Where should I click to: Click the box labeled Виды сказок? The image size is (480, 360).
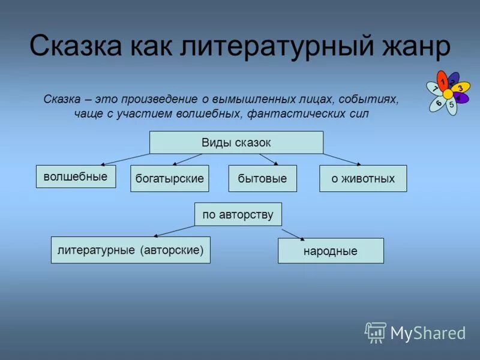pos(236,142)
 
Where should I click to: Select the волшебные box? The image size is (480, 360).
pos(76,176)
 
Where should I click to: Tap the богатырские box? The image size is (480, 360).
pos(169,179)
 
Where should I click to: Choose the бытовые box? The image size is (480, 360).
pos(262,179)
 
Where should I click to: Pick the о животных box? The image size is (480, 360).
pos(362,179)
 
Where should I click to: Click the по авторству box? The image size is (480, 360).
pos(238,214)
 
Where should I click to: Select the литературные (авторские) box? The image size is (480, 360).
pos(130,250)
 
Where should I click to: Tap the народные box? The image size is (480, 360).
pos(330,251)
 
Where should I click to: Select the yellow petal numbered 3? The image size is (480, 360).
pos(460,88)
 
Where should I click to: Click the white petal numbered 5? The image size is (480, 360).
pos(451,106)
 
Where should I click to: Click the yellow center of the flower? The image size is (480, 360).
pos(448,94)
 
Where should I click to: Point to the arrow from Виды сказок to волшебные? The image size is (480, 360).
pos(126,159)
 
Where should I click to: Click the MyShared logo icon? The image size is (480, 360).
pos(376,332)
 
